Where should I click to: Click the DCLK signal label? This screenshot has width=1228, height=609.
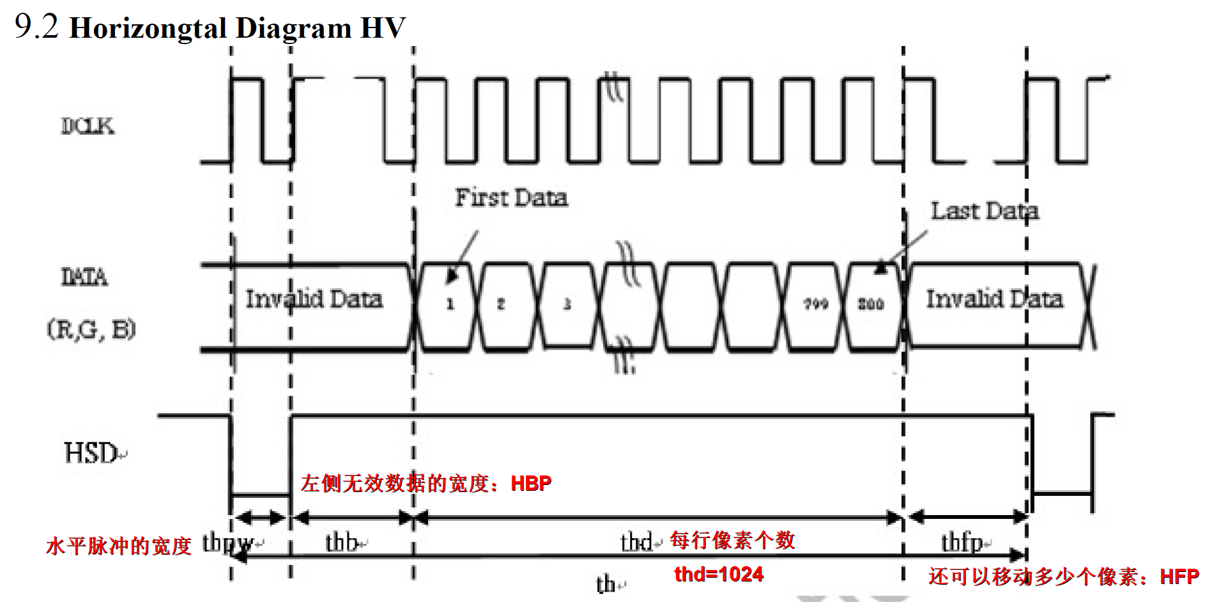(88, 126)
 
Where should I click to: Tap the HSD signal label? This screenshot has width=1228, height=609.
(91, 453)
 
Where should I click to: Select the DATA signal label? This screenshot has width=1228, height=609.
(84, 277)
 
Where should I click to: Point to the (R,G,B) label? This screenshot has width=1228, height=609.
(91, 330)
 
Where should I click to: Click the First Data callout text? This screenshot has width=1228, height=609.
(511, 197)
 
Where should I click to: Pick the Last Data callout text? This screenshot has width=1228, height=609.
(984, 211)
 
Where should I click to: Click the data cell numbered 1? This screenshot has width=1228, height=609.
(450, 304)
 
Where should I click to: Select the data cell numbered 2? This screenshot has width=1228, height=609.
(501, 304)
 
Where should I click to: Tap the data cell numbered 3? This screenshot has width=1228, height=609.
(567, 304)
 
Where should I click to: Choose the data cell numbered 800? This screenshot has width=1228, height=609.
(870, 304)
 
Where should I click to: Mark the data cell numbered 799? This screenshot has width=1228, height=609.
(816, 304)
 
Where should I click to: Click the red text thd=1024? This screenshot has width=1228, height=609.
(719, 574)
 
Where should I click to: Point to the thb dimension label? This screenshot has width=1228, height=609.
(342, 542)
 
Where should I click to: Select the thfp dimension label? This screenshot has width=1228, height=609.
(962, 542)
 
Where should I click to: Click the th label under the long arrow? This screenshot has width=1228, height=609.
(606, 584)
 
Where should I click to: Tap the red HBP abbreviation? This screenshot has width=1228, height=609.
(531, 483)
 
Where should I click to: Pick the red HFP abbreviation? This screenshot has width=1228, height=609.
(1179, 576)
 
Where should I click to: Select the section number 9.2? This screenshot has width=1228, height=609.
(36, 27)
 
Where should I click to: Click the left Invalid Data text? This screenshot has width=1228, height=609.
(314, 298)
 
